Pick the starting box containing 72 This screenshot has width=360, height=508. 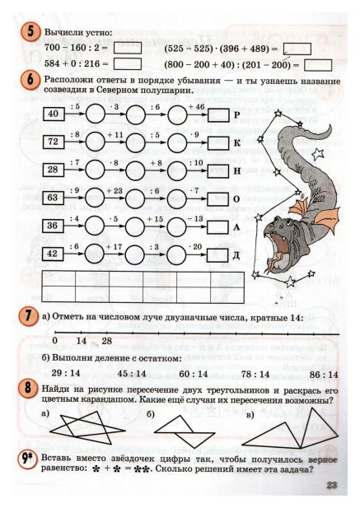click(x=53, y=142)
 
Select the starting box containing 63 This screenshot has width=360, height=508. click(x=53, y=198)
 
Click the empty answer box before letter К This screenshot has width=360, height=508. click(x=218, y=142)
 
